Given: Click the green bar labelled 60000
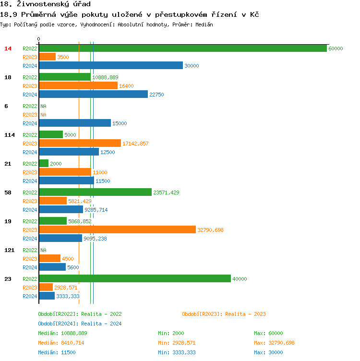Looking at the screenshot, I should tap(182, 48).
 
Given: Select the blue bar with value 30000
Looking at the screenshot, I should tap(111, 66).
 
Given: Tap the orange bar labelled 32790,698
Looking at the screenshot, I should tap(118, 230).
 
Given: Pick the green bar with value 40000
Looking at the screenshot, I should tap(135, 279).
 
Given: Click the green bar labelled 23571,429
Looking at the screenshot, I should tap(95, 193).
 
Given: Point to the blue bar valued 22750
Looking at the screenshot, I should tap(94, 95).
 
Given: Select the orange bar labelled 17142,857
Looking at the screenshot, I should tap(80, 144).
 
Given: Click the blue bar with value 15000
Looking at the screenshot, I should tap(75, 123).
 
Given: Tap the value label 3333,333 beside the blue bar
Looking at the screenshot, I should tap(68, 296).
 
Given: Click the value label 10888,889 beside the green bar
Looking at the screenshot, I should tap(105, 77).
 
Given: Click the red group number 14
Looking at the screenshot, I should tap(8, 48).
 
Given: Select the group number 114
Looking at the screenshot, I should tap(10, 135).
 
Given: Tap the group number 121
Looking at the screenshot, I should tap(10, 250).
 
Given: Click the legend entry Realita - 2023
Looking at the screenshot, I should tap(224, 314).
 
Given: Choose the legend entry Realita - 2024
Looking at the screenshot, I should tap(80, 324).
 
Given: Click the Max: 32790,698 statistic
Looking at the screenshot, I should tap(274, 343).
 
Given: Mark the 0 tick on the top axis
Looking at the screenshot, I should tap(39, 39).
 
